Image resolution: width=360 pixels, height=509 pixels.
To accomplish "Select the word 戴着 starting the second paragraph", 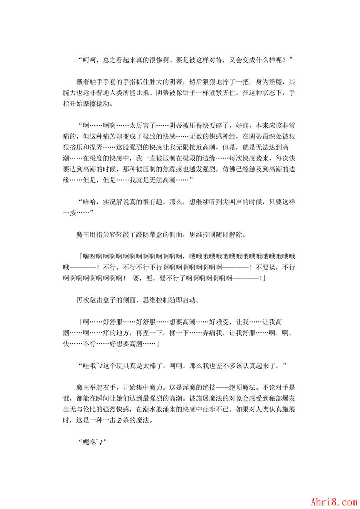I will pos(83,82).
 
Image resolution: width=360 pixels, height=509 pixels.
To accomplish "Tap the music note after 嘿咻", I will pos(102,442).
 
